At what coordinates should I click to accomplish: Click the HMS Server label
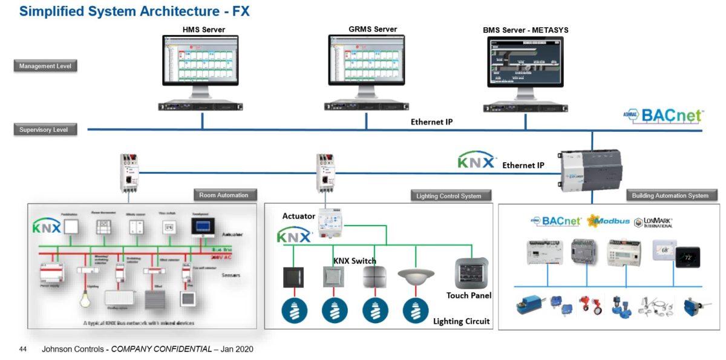pos(204,29)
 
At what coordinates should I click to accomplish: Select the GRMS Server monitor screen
pos(366,61)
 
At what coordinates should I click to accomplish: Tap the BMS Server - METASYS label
pos(525,30)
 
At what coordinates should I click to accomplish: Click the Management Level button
pos(45,66)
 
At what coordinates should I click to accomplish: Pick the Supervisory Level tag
pos(45,129)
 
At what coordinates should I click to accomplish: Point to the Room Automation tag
pos(224,195)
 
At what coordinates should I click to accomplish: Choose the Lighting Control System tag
pos(449,195)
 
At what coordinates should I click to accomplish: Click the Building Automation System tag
pos(670,195)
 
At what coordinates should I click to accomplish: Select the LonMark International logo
pos(653,222)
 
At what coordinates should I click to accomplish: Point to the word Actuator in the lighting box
pos(298,216)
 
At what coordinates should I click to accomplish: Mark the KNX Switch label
pos(355,261)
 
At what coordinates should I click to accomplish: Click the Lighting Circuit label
pos(461,321)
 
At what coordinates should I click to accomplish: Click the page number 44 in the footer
pos(24,349)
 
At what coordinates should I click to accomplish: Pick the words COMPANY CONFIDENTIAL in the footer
pos(161,349)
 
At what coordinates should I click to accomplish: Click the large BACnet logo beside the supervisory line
pos(664,116)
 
